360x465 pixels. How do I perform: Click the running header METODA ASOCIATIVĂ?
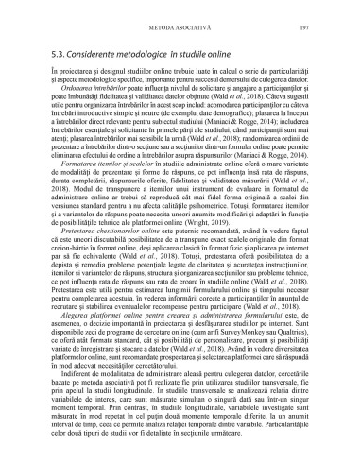click(180, 16)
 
